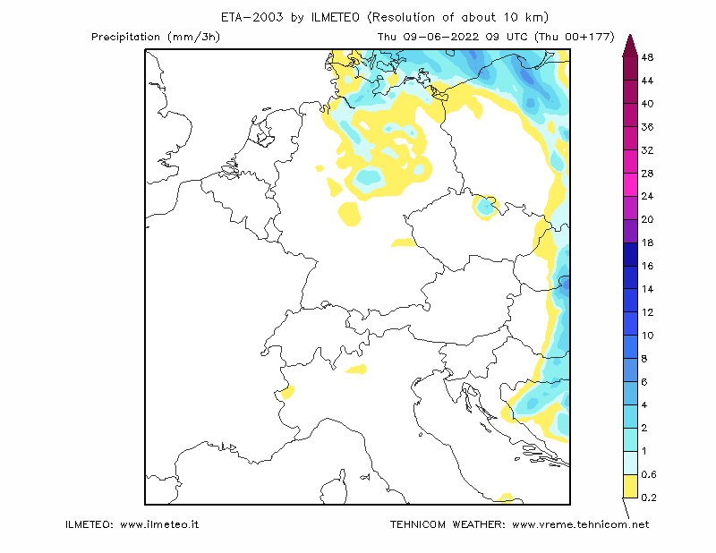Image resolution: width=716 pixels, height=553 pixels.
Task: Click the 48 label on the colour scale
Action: (x=647, y=57)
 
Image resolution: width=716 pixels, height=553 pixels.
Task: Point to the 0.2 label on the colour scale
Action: (x=648, y=498)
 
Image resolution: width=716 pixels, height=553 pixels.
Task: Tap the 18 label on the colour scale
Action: (x=647, y=242)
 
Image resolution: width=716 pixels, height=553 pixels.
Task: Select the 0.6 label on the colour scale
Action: (x=648, y=474)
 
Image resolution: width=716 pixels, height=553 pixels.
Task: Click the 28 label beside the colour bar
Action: (x=647, y=174)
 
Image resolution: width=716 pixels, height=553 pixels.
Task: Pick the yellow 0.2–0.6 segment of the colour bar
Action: (x=631, y=486)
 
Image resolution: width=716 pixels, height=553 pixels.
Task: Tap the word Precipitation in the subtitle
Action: (x=125, y=37)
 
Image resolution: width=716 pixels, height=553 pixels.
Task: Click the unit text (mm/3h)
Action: (x=194, y=37)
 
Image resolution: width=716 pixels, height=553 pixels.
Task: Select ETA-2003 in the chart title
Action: (x=252, y=17)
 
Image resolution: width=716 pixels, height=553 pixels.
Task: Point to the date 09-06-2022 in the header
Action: (x=440, y=37)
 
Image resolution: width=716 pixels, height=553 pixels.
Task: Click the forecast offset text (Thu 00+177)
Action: (x=575, y=37)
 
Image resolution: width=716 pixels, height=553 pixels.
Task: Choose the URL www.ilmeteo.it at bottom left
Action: (x=159, y=524)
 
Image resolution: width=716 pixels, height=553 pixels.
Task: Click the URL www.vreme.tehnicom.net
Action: (x=580, y=524)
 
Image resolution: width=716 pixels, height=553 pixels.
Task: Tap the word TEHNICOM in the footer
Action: (x=418, y=524)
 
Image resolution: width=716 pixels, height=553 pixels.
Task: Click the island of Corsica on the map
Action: (x=334, y=489)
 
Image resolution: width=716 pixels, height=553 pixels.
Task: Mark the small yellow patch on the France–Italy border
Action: (x=287, y=392)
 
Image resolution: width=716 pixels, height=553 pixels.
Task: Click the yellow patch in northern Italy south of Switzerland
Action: (x=356, y=369)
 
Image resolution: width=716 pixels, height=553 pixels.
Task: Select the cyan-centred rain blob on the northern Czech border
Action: (x=485, y=207)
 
